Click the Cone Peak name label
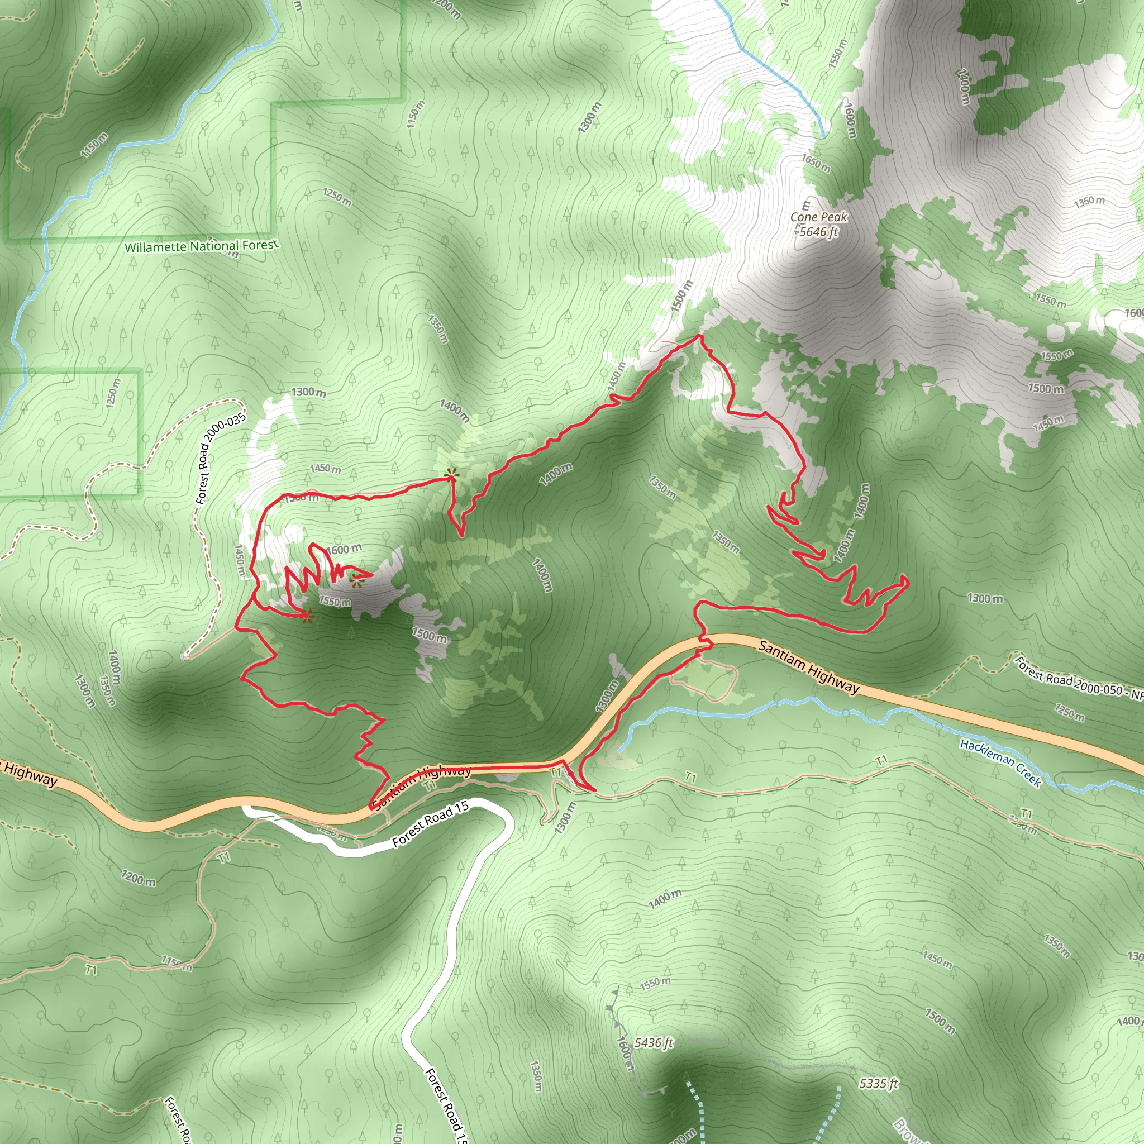pyautogui.click(x=818, y=217)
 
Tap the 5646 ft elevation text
pyautogui.click(x=818, y=232)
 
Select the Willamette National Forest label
pyautogui.click(x=201, y=246)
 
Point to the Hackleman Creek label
pyautogui.click(x=1000, y=763)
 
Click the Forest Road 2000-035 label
pyautogui.click(x=220, y=460)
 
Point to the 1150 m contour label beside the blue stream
pyautogui.click(x=95, y=146)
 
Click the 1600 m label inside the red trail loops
pyautogui.click(x=344, y=550)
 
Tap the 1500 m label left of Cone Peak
pyautogui.click(x=681, y=297)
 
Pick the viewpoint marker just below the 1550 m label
pyautogui.click(x=307, y=618)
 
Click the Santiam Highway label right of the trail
pyautogui.click(x=808, y=667)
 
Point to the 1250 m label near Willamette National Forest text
pyautogui.click(x=337, y=197)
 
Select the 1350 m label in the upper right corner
pyautogui.click(x=1089, y=202)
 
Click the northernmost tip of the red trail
pyautogui.click(x=699, y=336)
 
